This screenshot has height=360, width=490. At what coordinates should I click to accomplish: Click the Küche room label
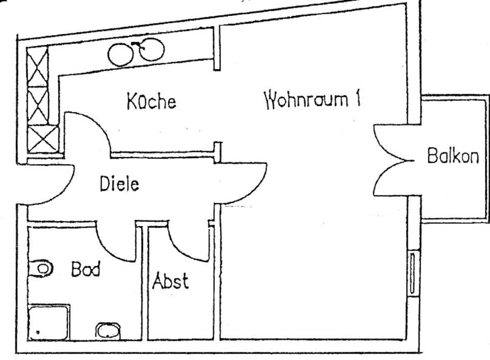[152, 101]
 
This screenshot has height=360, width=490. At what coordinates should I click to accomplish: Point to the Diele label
[119, 184]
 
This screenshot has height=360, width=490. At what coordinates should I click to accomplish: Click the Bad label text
[85, 269]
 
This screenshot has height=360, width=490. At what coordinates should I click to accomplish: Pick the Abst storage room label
[170, 281]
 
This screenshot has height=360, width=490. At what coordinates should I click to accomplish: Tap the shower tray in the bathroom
[48, 322]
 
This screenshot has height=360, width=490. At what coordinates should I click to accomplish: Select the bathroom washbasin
[108, 331]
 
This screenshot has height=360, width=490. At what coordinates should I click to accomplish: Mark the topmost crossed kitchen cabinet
[37, 66]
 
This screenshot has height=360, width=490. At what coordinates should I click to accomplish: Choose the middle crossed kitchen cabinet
[37, 106]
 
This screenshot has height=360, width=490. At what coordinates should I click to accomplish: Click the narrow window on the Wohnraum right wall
[412, 273]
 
